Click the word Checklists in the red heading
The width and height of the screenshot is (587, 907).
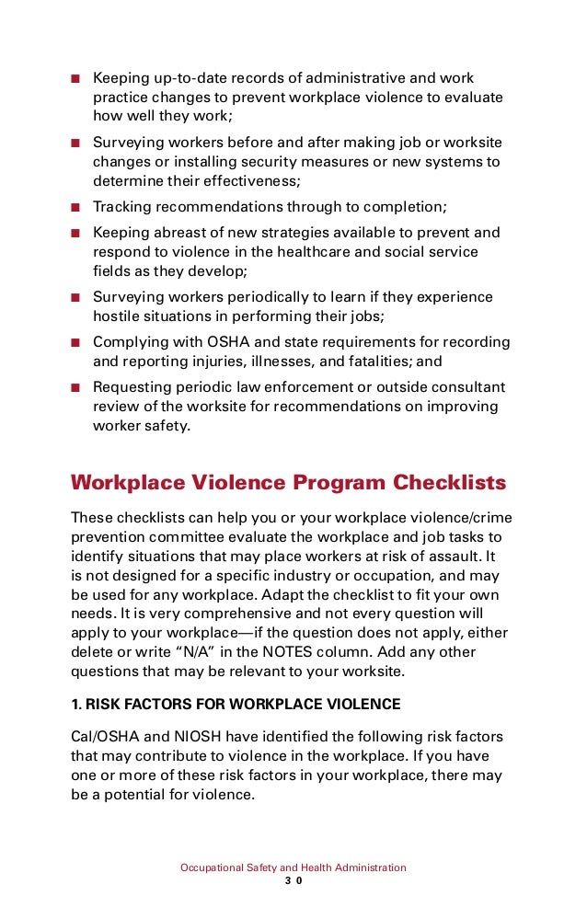click(450, 483)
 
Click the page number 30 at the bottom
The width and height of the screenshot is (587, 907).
click(293, 880)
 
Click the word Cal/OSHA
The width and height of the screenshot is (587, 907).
click(103, 738)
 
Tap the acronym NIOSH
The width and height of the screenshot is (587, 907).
click(175, 738)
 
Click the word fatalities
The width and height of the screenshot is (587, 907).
click(379, 362)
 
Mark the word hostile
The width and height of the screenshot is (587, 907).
click(117, 316)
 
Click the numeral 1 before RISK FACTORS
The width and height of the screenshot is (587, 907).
click(76, 705)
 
